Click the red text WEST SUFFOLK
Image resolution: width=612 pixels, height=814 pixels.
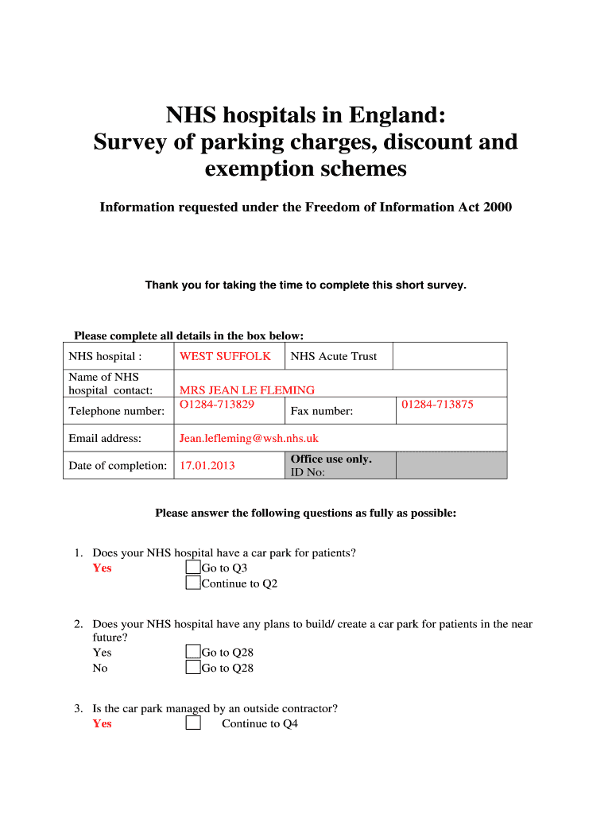click(x=225, y=356)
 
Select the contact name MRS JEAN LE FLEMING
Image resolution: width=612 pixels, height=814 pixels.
click(x=246, y=390)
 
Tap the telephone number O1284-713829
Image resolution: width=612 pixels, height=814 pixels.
click(x=217, y=405)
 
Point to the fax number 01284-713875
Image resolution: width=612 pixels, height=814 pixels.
click(x=437, y=405)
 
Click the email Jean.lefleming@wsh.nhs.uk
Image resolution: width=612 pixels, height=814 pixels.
click(x=249, y=438)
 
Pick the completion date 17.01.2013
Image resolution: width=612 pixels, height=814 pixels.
click(x=207, y=465)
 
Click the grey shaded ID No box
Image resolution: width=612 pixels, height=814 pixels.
click(x=451, y=465)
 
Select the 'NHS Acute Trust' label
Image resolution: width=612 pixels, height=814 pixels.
click(x=334, y=356)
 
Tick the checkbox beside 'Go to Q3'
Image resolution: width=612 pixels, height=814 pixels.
click(x=193, y=568)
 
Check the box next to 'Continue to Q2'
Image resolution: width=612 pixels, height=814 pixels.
click(x=193, y=583)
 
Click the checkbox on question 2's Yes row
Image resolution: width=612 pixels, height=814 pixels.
click(x=193, y=653)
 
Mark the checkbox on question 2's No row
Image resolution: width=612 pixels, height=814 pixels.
click(x=193, y=668)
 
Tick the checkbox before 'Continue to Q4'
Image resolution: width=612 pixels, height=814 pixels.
click(x=193, y=723)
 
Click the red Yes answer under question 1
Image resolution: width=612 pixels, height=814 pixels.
click(x=103, y=568)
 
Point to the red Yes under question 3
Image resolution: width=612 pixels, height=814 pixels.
click(x=103, y=723)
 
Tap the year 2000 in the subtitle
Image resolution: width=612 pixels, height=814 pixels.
click(x=496, y=207)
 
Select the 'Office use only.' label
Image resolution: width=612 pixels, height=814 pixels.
click(x=331, y=459)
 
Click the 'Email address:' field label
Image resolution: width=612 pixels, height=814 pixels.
click(x=105, y=438)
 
